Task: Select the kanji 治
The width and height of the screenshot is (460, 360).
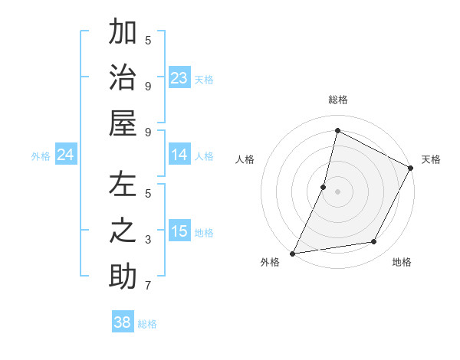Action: click(123, 78)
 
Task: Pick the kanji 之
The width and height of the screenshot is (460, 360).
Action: click(123, 231)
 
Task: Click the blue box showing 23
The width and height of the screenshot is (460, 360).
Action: click(179, 77)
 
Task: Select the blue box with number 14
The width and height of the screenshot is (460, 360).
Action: click(179, 155)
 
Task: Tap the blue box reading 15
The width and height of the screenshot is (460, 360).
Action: click(179, 231)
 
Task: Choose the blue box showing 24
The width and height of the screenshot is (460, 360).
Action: click(66, 155)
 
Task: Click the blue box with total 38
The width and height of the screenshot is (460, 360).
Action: click(123, 322)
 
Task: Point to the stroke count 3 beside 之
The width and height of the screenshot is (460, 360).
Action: click(148, 240)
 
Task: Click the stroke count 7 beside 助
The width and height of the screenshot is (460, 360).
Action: click(148, 286)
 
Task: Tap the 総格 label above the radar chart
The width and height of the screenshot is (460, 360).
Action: click(337, 100)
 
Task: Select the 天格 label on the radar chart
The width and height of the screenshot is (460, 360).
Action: click(431, 159)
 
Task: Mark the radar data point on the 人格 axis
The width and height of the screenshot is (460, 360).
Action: click(324, 186)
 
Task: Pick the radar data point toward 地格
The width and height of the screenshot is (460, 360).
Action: click(374, 242)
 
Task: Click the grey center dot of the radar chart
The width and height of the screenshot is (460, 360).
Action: click(337, 191)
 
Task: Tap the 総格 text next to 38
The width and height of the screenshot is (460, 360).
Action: click(147, 324)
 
